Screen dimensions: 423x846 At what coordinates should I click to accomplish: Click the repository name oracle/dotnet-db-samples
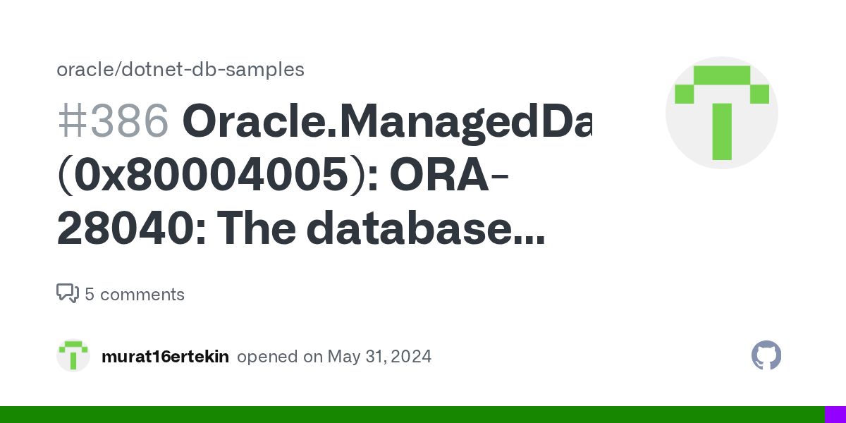[180, 70]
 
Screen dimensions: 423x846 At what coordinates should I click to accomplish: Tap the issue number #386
[113, 121]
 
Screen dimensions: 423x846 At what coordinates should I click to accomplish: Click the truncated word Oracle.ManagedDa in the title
[387, 121]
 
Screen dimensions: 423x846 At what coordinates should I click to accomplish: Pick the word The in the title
[260, 230]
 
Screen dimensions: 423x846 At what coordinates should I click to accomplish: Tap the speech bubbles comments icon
[68, 293]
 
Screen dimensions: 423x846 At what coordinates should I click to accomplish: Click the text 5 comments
[135, 294]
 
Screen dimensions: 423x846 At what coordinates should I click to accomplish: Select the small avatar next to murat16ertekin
[73, 356]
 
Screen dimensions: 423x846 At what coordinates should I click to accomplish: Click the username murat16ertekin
[165, 357]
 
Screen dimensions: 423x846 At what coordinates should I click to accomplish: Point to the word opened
[268, 357]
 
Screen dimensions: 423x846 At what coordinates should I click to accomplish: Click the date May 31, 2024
[379, 357]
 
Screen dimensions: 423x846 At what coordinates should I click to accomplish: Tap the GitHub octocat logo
[766, 356]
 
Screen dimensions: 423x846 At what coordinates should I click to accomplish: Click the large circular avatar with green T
[721, 113]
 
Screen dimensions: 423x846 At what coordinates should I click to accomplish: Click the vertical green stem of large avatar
[721, 132]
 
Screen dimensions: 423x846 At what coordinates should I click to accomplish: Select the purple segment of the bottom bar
[835, 415]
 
